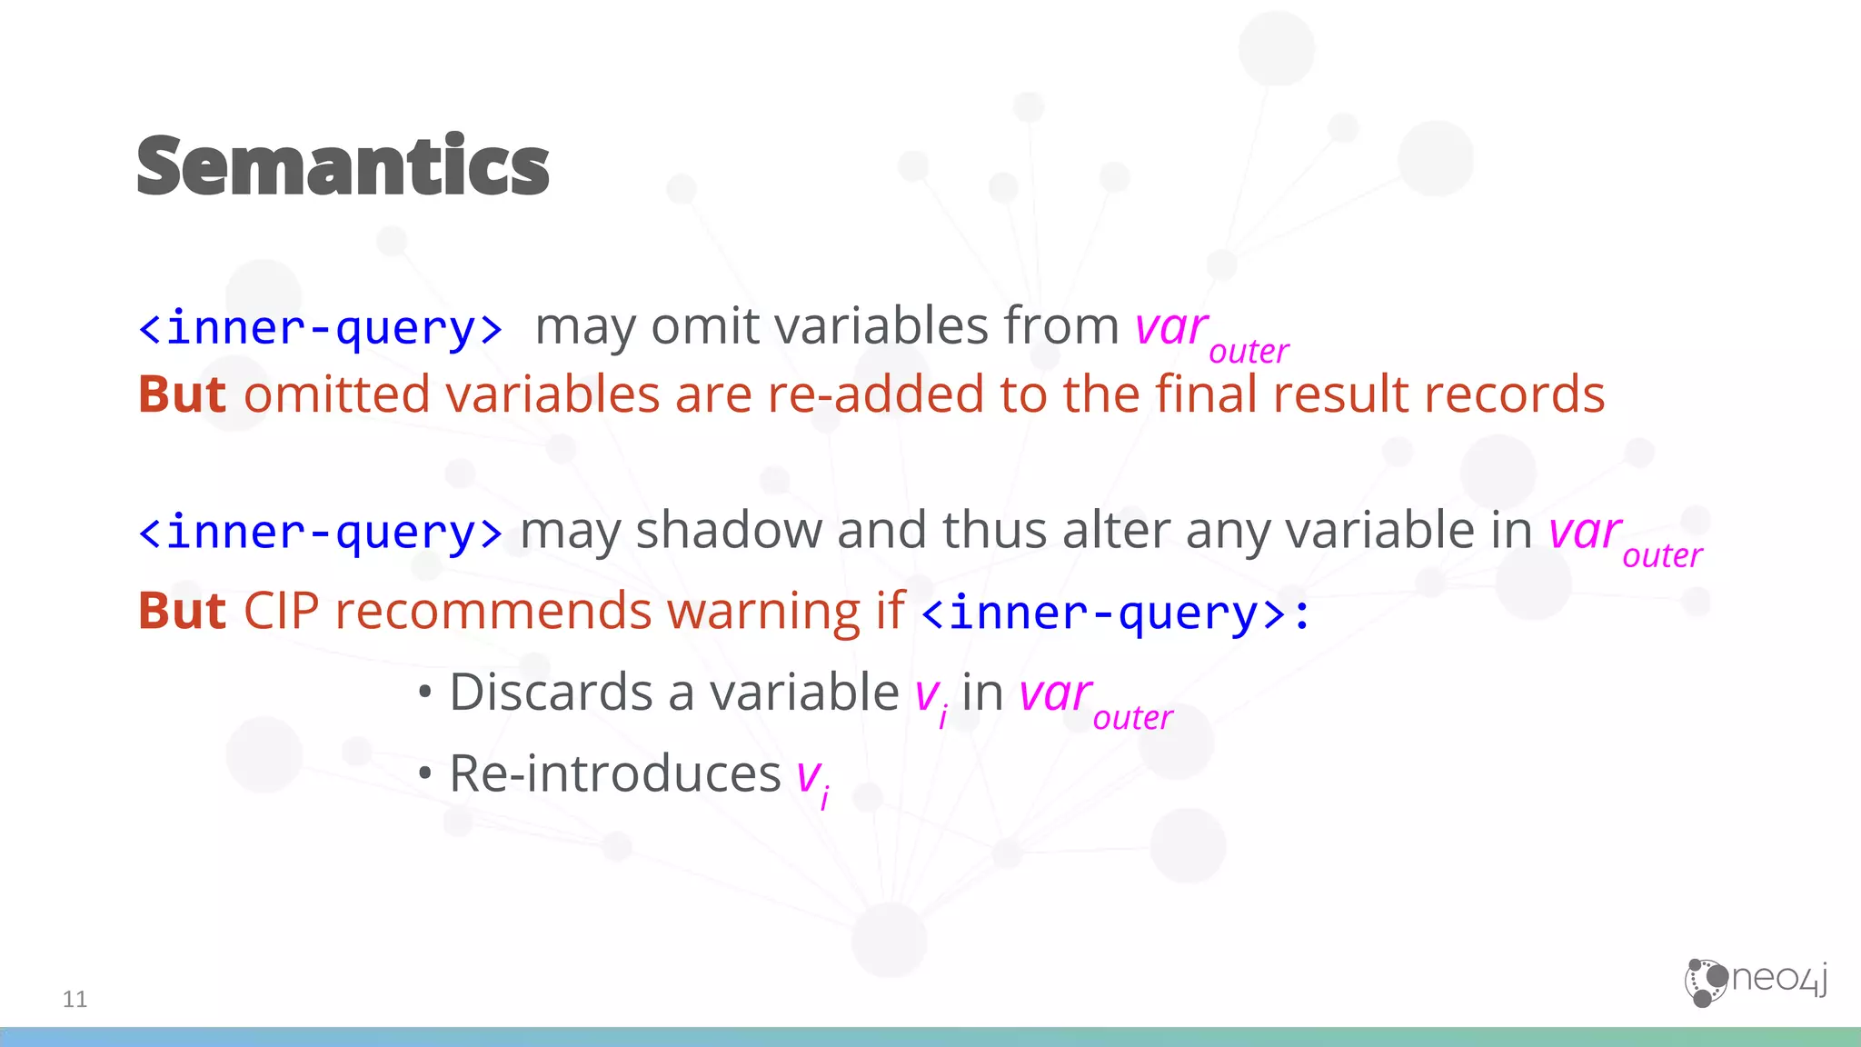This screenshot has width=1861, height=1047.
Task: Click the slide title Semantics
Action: coord(343,165)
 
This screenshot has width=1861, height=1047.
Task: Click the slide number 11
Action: coord(75,999)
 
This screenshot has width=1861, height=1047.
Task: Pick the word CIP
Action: coord(281,610)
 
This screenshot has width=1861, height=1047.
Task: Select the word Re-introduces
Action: coord(615,773)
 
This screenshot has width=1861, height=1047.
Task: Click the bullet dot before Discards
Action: coord(424,693)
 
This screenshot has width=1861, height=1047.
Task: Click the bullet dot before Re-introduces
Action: coord(424,774)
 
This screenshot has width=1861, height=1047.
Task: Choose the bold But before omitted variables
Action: coord(182,394)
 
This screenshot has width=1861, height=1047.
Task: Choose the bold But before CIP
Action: coord(182,610)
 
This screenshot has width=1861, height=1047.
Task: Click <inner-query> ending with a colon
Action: coord(1115,613)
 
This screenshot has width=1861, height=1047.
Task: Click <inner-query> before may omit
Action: coord(320,327)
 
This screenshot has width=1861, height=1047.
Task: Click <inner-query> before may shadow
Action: coord(320,532)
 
